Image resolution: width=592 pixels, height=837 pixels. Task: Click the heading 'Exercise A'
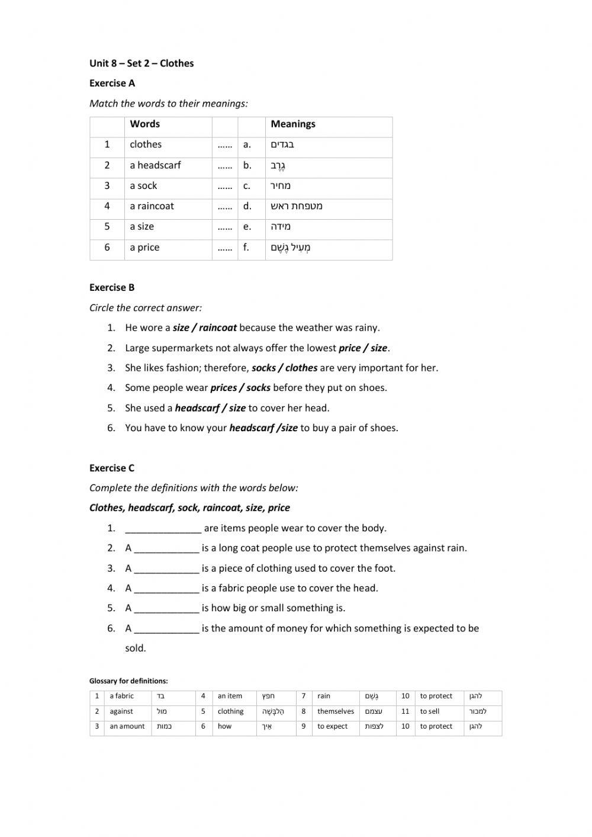click(112, 83)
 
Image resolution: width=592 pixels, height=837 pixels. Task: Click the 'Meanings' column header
click(292, 124)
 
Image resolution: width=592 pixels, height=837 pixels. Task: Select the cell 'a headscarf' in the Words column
click(155, 165)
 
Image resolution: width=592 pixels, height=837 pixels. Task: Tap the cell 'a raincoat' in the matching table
click(152, 206)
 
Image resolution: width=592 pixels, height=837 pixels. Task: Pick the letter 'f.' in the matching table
click(246, 248)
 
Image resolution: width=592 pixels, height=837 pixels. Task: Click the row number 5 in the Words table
click(107, 227)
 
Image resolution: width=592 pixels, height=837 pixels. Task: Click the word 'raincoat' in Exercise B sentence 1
click(218, 328)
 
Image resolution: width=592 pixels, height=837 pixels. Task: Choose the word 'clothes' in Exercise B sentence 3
click(301, 368)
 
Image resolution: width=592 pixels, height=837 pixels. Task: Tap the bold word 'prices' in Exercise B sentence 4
click(223, 388)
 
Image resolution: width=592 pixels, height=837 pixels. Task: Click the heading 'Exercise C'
click(112, 468)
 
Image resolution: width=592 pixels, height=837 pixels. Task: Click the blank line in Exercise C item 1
click(163, 528)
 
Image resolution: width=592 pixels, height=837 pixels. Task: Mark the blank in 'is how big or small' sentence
click(166, 608)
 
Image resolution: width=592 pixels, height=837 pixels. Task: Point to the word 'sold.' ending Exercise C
click(136, 648)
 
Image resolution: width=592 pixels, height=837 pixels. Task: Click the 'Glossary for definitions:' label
click(128, 681)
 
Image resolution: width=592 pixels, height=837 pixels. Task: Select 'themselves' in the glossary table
click(335, 711)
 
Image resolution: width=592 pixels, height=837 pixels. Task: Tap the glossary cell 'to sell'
click(430, 711)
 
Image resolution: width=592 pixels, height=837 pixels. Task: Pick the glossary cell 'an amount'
click(127, 726)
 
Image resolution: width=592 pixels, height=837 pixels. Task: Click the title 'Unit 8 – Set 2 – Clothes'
click(141, 63)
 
